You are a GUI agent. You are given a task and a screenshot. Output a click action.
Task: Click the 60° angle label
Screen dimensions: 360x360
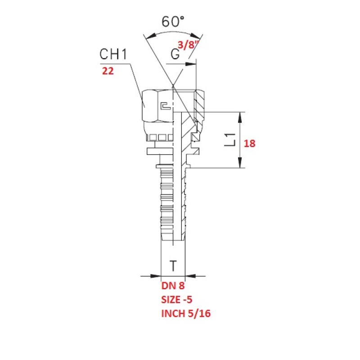coord(173,22)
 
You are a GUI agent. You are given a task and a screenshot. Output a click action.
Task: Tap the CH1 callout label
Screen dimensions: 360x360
coord(113,54)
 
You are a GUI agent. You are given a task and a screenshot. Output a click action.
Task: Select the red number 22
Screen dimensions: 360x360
coord(108,71)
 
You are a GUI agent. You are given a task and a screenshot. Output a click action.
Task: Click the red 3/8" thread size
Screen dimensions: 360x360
coord(188,45)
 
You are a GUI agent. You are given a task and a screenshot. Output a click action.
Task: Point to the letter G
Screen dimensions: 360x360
coord(175,54)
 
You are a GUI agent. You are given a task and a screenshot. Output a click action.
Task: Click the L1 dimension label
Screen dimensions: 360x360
coord(230,139)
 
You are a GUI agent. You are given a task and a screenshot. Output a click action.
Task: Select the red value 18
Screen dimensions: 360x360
coord(249,144)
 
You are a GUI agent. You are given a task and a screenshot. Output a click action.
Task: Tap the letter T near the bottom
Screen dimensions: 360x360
coord(173,266)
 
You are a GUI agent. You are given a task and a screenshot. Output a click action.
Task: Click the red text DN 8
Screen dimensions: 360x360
coord(173,286)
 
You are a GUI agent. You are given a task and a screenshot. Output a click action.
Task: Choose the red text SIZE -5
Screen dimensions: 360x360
coord(177,299)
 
